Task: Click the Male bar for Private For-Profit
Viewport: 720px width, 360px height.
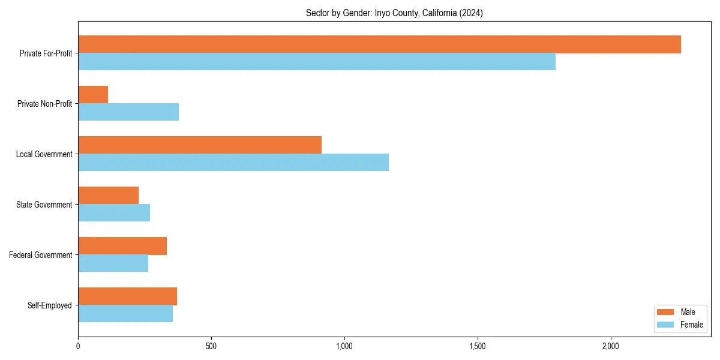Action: (379, 44)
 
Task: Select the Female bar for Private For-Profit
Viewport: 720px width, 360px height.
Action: (317, 62)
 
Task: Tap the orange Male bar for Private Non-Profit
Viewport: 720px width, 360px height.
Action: (93, 95)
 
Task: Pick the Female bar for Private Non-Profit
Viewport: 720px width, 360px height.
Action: (128, 112)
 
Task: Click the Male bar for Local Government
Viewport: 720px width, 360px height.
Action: (200, 145)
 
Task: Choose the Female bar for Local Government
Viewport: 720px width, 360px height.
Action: (233, 163)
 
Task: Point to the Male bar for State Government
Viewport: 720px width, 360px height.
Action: (108, 196)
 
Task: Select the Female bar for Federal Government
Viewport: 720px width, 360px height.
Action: (113, 263)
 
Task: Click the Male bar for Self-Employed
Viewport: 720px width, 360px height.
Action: (127, 296)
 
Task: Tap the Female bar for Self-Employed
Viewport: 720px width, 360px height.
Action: (125, 314)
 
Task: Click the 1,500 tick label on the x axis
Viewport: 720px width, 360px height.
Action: (478, 346)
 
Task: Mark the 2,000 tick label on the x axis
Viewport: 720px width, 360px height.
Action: (611, 346)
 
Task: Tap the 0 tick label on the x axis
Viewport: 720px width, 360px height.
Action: (78, 346)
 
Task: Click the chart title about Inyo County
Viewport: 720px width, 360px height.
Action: (394, 13)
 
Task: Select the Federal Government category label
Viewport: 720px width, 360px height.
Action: (41, 255)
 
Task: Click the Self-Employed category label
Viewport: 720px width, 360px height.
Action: (50, 305)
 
